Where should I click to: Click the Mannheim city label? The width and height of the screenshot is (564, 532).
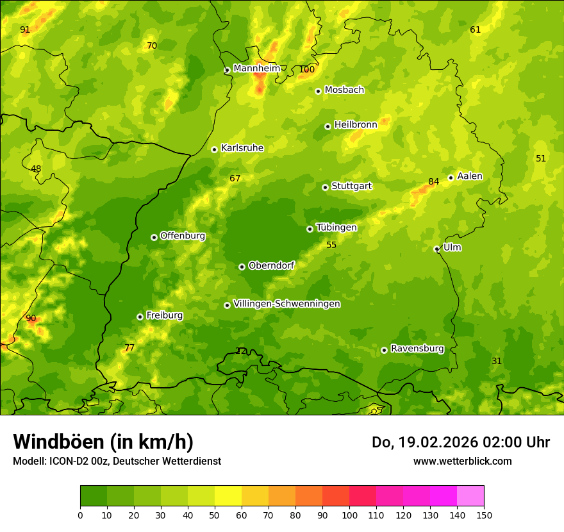click(x=256, y=69)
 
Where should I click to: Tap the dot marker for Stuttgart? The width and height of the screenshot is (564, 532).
click(x=326, y=187)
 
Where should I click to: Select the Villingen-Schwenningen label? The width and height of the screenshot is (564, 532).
click(x=286, y=304)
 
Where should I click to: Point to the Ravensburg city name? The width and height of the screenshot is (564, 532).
click(x=417, y=349)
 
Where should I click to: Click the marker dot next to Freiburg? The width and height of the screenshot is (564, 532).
click(x=140, y=317)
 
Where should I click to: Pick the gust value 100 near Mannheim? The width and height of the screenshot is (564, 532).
click(x=307, y=70)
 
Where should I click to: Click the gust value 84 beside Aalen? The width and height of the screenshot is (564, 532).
click(x=434, y=182)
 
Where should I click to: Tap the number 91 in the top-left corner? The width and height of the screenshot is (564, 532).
click(x=25, y=30)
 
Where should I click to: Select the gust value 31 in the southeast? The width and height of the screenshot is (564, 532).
click(x=497, y=362)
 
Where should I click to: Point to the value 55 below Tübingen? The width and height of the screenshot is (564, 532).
click(x=331, y=245)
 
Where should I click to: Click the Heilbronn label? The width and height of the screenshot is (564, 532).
click(x=356, y=125)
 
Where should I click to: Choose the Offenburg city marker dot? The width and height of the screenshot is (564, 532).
click(x=154, y=237)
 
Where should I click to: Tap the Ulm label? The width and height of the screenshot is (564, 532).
click(x=452, y=247)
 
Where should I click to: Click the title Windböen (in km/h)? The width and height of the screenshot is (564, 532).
click(x=103, y=442)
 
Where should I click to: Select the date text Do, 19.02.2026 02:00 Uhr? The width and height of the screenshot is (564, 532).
click(x=461, y=442)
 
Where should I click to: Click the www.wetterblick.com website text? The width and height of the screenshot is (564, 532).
click(x=462, y=461)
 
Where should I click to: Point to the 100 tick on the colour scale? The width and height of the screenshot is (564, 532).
click(x=349, y=515)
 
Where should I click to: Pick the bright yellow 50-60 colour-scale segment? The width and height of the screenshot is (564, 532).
click(x=228, y=495)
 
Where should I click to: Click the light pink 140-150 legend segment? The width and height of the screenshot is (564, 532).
click(x=470, y=495)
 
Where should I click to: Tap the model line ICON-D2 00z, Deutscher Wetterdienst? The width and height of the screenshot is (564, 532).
click(x=117, y=461)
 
